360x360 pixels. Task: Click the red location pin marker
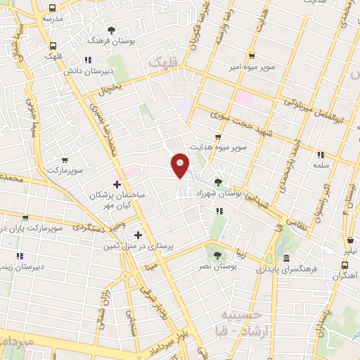181,165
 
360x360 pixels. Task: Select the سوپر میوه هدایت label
222,148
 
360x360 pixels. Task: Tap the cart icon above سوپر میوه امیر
252,56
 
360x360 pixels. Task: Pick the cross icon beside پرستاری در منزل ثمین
138,236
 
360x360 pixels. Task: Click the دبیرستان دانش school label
85,72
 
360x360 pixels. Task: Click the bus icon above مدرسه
52,8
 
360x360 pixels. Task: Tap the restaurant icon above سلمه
321,155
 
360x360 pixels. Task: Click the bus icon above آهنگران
345,265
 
